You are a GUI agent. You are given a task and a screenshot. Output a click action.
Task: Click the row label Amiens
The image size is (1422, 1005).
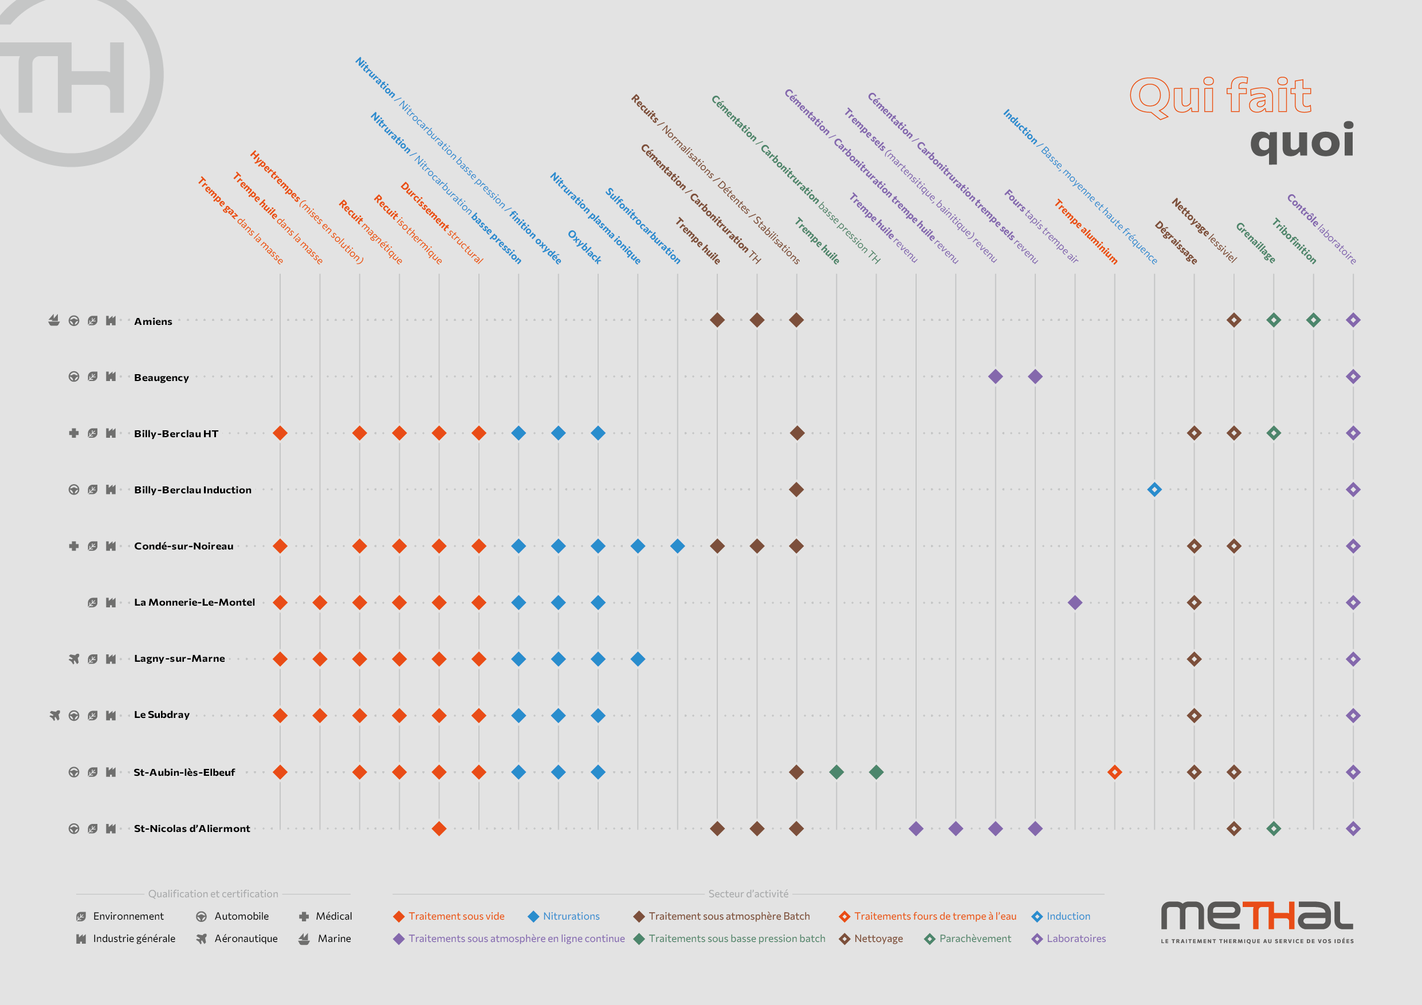pos(153,321)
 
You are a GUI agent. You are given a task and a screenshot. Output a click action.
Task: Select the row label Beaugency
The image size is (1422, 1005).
pos(161,377)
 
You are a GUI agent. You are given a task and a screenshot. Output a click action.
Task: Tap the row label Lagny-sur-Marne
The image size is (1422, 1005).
pos(179,658)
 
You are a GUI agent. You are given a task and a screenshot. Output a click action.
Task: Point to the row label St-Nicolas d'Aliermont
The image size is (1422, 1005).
pos(192,829)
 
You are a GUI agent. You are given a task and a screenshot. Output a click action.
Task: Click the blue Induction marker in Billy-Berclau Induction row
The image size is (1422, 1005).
pos(1154,490)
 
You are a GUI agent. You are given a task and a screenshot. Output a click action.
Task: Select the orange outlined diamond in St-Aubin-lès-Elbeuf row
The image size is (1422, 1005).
pos(1114,772)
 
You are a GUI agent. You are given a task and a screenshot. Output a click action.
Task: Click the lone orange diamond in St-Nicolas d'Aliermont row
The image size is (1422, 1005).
pos(439,829)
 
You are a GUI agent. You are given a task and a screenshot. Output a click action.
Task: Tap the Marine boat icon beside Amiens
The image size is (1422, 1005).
pos(54,320)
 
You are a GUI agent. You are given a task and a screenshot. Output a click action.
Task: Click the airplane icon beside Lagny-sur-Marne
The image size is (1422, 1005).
pos(74,658)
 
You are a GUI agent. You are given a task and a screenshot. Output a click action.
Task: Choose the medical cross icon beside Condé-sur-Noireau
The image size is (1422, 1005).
pos(74,545)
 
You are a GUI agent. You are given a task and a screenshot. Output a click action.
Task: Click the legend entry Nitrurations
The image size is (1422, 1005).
pos(571,916)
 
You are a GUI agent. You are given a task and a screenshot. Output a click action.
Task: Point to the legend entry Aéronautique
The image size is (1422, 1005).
pos(245,939)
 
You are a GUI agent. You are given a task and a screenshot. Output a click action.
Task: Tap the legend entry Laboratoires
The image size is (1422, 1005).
pos(1075,939)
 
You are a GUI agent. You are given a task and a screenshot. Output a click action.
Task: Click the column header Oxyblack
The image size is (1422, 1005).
pos(584,246)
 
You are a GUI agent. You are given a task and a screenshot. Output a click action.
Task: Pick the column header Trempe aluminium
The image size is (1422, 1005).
pos(1086,231)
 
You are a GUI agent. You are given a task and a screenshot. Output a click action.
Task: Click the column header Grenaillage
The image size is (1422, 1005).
pos(1255,242)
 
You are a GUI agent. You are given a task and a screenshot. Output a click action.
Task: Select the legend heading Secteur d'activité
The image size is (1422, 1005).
pos(748,893)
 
